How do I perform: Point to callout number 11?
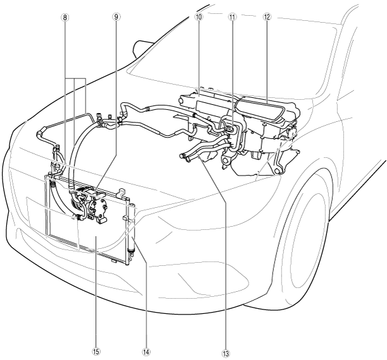click(232, 18)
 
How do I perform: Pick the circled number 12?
click(266, 18)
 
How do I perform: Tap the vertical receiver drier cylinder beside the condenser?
click(132, 231)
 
